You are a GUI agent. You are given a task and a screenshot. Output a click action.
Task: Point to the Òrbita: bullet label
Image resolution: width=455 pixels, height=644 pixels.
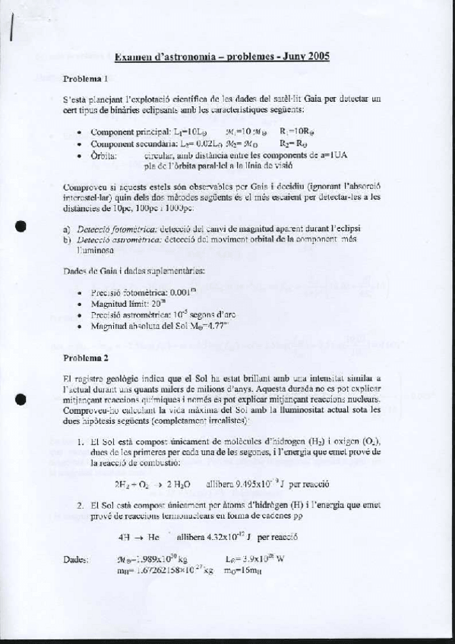tap(103, 154)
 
